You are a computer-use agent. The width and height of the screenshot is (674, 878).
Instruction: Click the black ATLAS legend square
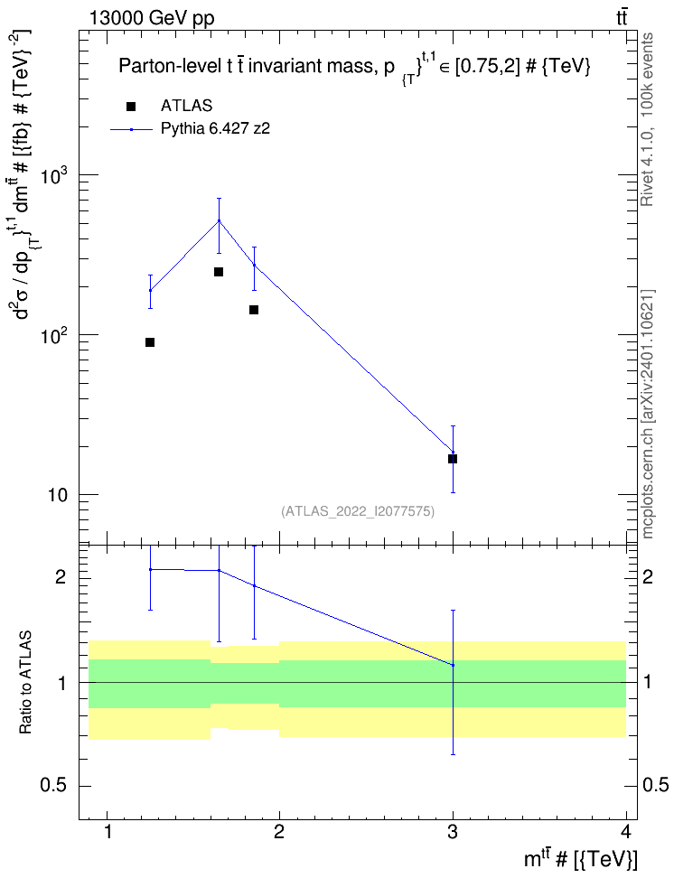click(131, 107)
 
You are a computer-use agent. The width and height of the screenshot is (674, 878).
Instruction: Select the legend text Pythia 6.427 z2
click(215, 129)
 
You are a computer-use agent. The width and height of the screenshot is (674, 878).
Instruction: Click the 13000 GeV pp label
click(151, 18)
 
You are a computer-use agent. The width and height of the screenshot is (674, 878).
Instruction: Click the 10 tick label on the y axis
click(57, 496)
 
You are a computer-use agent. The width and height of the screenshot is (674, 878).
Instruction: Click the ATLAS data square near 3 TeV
click(453, 459)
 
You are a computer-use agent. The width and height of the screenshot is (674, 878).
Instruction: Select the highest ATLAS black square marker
click(219, 272)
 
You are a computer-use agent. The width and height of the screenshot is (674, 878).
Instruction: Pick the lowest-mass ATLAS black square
click(150, 342)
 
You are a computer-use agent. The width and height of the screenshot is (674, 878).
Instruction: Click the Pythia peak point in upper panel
click(219, 220)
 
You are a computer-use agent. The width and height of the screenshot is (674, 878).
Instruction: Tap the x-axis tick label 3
click(452, 832)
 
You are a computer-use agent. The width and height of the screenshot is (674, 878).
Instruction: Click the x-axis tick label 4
click(626, 832)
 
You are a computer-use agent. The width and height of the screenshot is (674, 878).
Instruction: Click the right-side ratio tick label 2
click(647, 576)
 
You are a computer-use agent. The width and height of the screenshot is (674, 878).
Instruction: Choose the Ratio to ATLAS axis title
click(25, 682)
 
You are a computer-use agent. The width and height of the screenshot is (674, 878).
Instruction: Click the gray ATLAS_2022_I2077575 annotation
click(358, 510)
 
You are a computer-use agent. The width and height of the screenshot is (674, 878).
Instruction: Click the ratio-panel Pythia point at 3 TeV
click(453, 665)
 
